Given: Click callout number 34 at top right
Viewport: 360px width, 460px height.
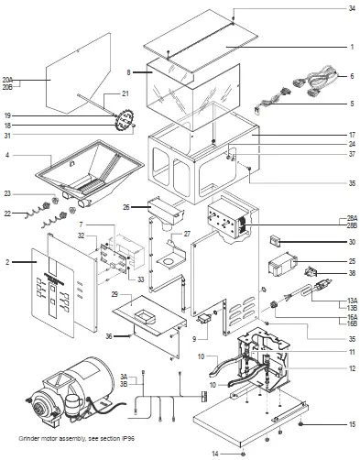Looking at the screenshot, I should [351, 8].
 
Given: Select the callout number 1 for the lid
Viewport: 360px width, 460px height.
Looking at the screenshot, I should [351, 46].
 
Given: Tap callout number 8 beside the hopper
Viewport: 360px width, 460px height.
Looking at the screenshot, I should [131, 71].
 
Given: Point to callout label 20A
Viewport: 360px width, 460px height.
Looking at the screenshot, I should [8, 79].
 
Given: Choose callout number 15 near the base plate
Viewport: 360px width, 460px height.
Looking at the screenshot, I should [351, 424].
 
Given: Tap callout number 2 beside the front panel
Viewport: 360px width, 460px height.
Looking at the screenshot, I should [6, 261].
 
